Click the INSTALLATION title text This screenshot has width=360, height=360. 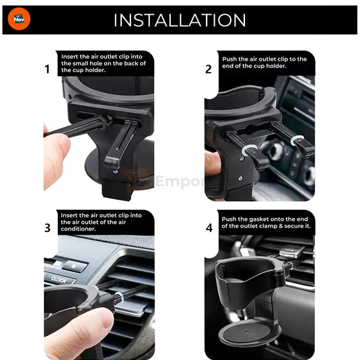click(x=179, y=20)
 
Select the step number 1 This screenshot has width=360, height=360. click(x=47, y=69)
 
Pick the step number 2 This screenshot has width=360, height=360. click(x=209, y=69)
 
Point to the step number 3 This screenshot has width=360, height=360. click(x=47, y=227)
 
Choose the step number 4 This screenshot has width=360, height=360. click(x=209, y=227)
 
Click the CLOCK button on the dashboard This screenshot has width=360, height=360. click(x=59, y=277)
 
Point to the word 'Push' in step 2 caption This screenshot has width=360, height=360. click(x=231, y=59)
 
